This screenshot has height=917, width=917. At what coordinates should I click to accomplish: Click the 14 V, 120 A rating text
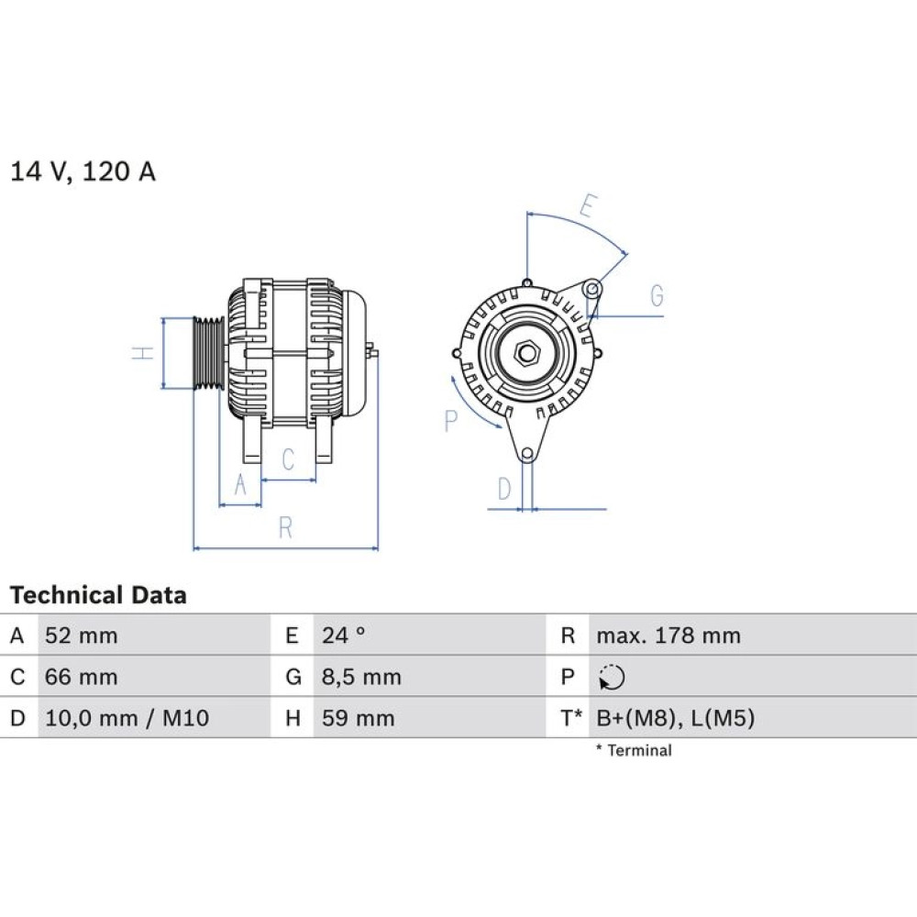pyautogui.click(x=83, y=171)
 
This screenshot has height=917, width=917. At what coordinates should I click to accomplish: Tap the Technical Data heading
pyautogui.click(x=98, y=595)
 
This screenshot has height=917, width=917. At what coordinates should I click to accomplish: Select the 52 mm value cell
pyautogui.click(x=82, y=635)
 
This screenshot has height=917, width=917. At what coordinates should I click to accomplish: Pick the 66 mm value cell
pyautogui.click(x=82, y=678)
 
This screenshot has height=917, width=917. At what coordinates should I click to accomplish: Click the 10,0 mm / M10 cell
pyautogui.click(x=127, y=718)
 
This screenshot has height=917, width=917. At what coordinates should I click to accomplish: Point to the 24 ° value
pyautogui.click(x=343, y=635)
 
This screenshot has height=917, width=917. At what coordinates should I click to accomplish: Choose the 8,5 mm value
pyautogui.click(x=361, y=678)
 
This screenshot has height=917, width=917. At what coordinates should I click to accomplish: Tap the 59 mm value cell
pyautogui.click(x=358, y=718)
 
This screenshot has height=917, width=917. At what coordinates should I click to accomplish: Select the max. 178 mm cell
pyautogui.click(x=668, y=635)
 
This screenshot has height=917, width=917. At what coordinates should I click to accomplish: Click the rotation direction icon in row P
pyautogui.click(x=612, y=678)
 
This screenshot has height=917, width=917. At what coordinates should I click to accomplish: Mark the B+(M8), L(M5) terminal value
pyautogui.click(x=676, y=718)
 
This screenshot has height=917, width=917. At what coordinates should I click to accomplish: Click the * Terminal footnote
pyautogui.click(x=634, y=750)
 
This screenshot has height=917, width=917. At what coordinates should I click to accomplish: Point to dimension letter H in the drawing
pyautogui.click(x=143, y=353)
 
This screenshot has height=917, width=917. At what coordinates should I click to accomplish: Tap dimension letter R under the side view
pyautogui.click(x=285, y=528)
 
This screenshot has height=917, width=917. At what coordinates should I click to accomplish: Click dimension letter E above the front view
pyautogui.click(x=588, y=205)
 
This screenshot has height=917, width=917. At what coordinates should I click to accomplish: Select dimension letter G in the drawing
pyautogui.click(x=657, y=296)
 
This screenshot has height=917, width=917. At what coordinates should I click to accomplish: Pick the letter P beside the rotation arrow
pyautogui.click(x=450, y=421)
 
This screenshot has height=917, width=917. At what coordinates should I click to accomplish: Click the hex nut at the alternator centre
pyautogui.click(x=527, y=353)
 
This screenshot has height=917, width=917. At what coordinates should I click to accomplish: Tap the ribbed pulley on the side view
pyautogui.click(x=209, y=353)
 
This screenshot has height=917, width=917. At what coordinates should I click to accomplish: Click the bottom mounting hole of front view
pyautogui.click(x=527, y=454)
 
